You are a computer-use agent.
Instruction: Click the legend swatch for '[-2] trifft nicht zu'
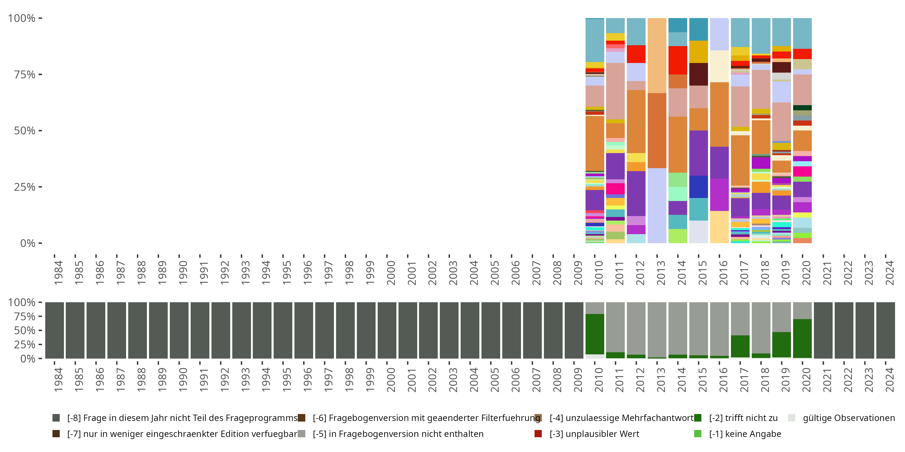(698, 418)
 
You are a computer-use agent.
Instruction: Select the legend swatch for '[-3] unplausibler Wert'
(538, 434)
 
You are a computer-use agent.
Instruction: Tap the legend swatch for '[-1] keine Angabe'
(698, 434)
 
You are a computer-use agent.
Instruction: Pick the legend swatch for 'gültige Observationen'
(792, 418)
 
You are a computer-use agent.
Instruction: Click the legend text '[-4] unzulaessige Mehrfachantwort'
(621, 418)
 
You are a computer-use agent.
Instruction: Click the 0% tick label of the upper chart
(28, 243)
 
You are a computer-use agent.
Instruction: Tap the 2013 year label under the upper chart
(661, 273)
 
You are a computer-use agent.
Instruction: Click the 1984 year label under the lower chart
(58, 380)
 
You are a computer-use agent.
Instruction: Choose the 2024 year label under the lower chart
(890, 380)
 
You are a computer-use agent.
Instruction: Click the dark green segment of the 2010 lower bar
(595, 334)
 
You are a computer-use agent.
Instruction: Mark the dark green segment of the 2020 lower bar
(802, 338)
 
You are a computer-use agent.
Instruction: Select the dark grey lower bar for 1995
(283, 330)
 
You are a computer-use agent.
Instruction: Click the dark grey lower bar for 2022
(844, 330)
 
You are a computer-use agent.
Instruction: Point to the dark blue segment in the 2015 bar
(698, 187)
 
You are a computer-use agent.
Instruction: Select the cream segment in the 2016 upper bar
(719, 66)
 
